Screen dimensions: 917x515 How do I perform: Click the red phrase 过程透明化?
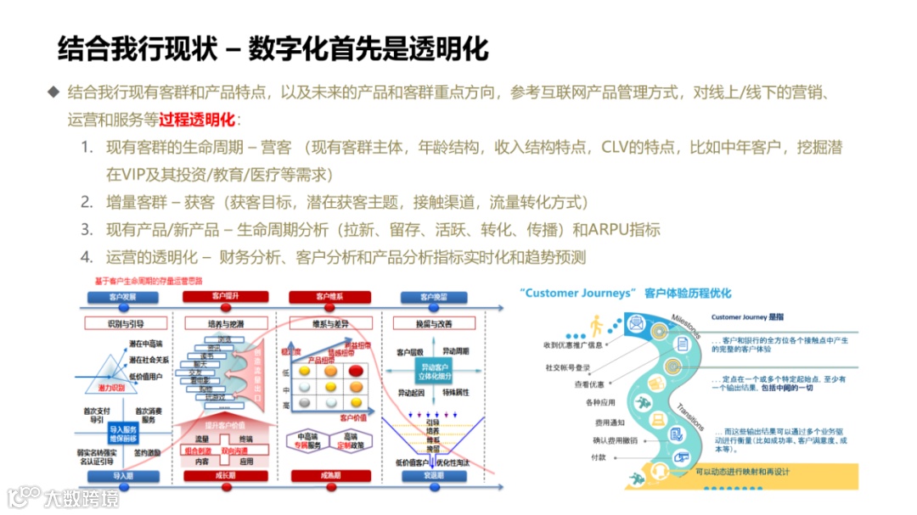point(197,119)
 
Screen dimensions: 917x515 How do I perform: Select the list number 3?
point(87,229)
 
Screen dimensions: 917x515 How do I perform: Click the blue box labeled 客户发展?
point(121,298)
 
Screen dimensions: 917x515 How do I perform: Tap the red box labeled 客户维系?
point(329,298)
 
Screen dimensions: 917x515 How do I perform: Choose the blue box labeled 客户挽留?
point(433,298)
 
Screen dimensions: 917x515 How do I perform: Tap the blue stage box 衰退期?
point(433,476)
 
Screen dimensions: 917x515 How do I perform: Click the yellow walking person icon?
point(597,325)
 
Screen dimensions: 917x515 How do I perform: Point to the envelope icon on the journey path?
point(635,323)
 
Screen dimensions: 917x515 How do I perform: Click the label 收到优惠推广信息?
point(575,345)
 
